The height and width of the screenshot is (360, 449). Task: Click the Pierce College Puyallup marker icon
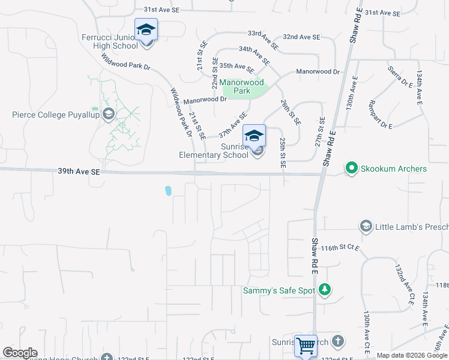(x=109, y=114)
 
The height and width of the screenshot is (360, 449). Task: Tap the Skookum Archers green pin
(x=351, y=169)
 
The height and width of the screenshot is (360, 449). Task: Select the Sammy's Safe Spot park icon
(x=325, y=290)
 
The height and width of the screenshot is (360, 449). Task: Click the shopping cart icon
(x=306, y=345)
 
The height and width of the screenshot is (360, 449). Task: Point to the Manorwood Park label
(x=241, y=86)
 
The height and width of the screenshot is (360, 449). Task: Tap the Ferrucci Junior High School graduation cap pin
(x=146, y=29)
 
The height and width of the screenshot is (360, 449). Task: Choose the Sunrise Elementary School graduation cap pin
(x=254, y=136)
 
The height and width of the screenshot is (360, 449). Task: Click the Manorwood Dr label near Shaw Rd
(x=318, y=72)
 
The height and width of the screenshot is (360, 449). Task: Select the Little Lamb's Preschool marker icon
(x=366, y=226)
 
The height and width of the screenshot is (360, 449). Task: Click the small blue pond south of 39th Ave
(x=168, y=191)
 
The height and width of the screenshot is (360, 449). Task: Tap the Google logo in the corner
(x=20, y=353)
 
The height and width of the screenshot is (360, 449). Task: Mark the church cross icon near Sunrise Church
(x=337, y=341)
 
